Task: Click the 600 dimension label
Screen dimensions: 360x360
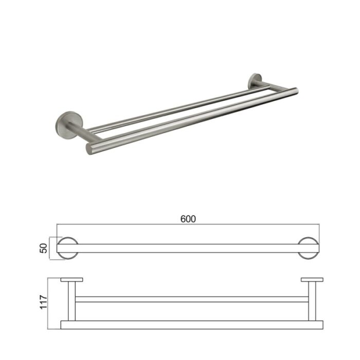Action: pyautogui.click(x=188, y=219)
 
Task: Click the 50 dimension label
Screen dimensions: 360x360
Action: pyautogui.click(x=43, y=248)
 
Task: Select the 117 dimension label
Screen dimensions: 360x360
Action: pyautogui.click(x=43, y=302)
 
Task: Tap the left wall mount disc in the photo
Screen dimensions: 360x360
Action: pyautogui.click(x=66, y=124)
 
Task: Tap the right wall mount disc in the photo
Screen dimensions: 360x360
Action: pyautogui.click(x=255, y=80)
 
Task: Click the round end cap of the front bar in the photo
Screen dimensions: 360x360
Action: pyautogui.click(x=89, y=149)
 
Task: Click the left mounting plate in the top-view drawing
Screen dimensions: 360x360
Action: pyautogui.click(x=72, y=280)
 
